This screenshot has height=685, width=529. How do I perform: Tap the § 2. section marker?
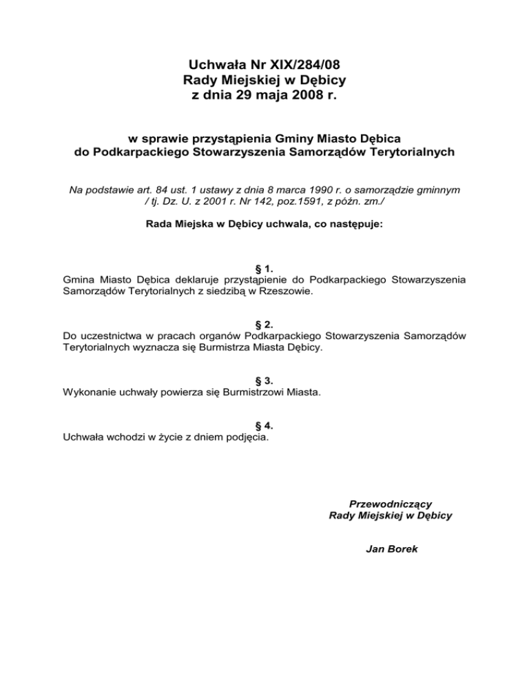tap(264, 323)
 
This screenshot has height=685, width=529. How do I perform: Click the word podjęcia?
tap(247, 437)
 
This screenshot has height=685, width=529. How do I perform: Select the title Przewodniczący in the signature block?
tap(391, 504)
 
